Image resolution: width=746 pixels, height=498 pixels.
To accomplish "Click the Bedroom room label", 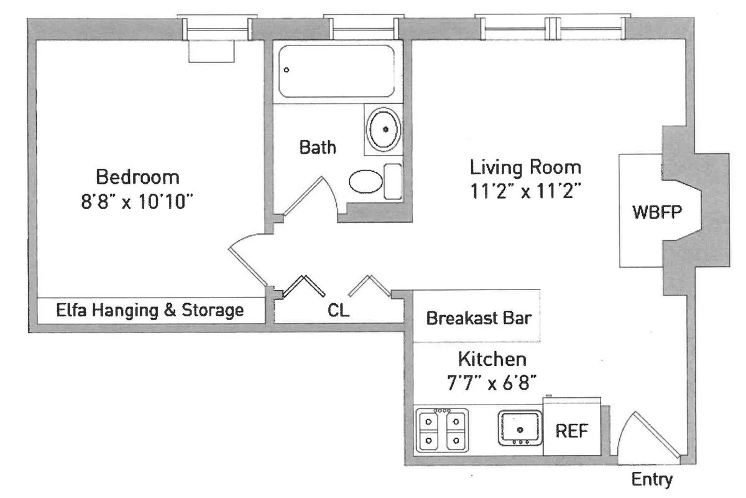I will [137, 177].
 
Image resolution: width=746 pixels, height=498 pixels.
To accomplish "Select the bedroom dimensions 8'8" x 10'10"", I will [137, 203].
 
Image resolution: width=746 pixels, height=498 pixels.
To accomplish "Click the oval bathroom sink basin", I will [385, 129].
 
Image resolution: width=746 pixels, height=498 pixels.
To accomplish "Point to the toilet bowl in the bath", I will [366, 182].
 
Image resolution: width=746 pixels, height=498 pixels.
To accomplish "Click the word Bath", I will [318, 148].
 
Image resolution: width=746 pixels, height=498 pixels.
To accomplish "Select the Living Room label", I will [525, 167].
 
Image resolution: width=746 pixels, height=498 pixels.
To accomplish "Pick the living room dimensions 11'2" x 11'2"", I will [525, 192].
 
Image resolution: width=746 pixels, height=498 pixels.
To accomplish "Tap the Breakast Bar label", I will [478, 319].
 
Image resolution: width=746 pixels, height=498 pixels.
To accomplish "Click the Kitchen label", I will [492, 359].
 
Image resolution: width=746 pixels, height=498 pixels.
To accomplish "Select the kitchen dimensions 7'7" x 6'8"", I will [492, 383].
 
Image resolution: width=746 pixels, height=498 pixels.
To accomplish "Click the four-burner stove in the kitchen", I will [441, 429].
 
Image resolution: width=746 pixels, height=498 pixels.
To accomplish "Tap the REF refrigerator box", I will [571, 431].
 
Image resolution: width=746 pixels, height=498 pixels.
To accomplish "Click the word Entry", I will [652, 480].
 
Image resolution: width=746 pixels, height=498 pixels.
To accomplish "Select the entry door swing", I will [647, 436].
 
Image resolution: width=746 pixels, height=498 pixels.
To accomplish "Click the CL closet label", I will [339, 310].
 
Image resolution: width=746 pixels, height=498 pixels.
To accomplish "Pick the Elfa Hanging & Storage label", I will [150, 309].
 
